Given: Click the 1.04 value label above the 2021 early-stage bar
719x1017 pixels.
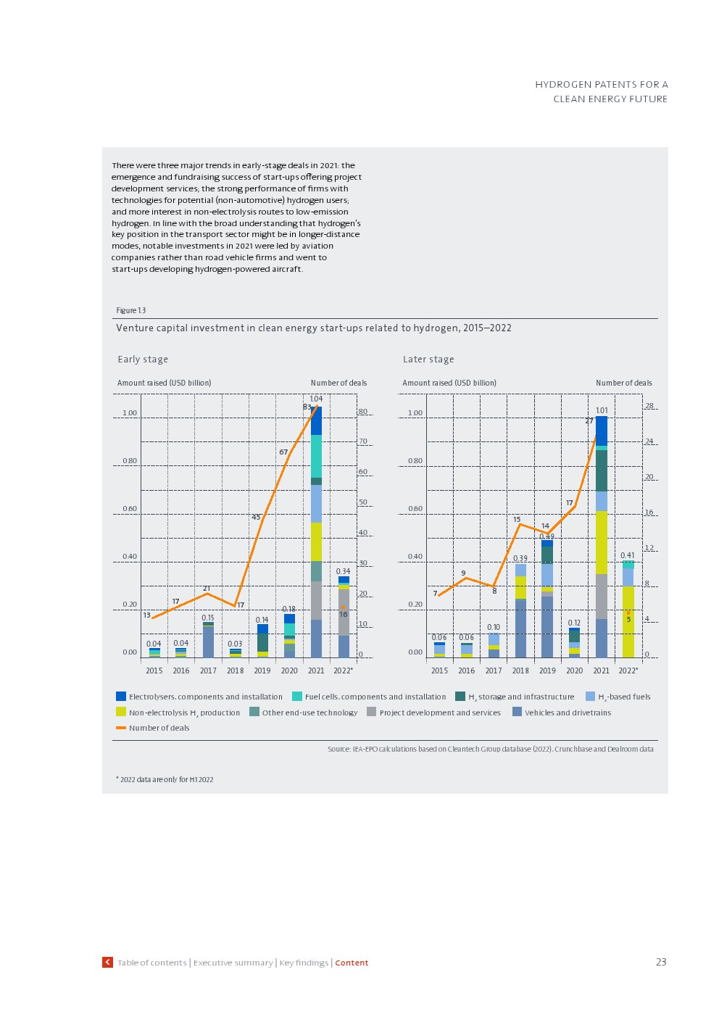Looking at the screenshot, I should click(x=316, y=399).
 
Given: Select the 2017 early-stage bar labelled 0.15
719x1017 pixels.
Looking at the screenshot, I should click(x=208, y=640).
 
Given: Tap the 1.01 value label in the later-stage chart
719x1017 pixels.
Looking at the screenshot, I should click(x=602, y=410).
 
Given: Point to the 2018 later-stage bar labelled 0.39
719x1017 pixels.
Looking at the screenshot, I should click(x=520, y=610).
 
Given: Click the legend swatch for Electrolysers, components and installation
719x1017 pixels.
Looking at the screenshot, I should click(x=121, y=697).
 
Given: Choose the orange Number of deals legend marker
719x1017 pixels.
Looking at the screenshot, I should click(x=121, y=728).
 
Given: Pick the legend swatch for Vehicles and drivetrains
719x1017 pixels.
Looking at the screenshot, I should click(x=517, y=713).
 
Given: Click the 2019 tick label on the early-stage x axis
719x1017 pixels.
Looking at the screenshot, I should click(x=262, y=671).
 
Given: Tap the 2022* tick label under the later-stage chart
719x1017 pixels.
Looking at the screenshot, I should click(x=628, y=671).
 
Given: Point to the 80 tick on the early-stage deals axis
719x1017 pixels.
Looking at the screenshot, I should click(x=363, y=412).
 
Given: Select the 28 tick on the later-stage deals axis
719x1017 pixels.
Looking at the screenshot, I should click(x=649, y=406).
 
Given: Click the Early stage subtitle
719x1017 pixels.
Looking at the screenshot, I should click(x=143, y=360).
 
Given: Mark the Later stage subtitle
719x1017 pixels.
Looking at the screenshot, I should click(x=428, y=360).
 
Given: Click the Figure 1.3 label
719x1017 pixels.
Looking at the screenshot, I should click(x=131, y=310).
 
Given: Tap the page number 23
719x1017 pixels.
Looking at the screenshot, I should click(x=661, y=962).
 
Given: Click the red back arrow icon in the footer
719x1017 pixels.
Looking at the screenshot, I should click(x=108, y=962).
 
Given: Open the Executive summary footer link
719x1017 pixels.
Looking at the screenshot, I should click(x=233, y=963).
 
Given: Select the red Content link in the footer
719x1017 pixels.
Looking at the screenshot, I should click(x=352, y=963).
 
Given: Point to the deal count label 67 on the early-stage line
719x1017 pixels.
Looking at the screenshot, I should click(x=283, y=452).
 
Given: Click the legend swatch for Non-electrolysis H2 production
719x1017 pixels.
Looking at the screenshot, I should click(x=121, y=713).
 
